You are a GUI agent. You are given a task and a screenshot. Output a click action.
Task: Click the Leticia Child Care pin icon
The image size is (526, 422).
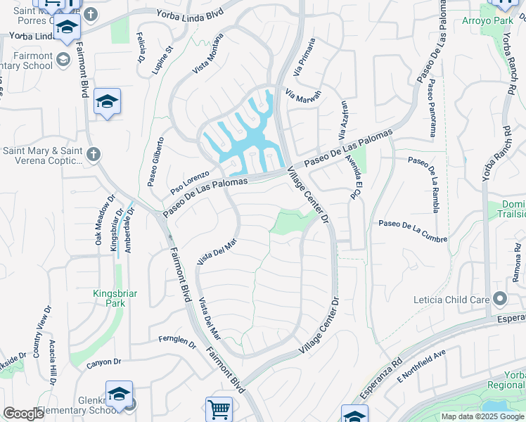click(500, 300)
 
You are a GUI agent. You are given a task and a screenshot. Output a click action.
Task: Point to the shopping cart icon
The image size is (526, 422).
click(219, 409)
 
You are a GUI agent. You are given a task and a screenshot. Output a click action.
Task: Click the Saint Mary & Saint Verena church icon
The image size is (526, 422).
click(94, 153)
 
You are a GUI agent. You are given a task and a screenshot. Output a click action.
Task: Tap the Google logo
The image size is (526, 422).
click(23, 414)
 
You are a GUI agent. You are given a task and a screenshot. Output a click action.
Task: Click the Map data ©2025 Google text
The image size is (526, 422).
click(483, 416)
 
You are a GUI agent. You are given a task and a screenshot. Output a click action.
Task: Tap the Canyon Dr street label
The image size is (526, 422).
click(104, 363)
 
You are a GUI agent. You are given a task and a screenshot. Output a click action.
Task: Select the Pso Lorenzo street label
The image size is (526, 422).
click(190, 182)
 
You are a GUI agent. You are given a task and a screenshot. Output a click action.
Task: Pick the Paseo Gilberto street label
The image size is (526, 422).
click(156, 162)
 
